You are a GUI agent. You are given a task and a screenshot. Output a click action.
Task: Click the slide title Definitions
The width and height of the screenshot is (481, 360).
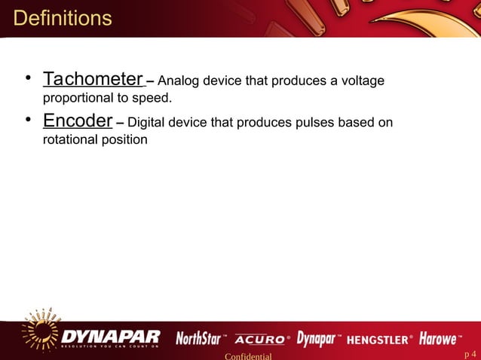[x=63, y=18]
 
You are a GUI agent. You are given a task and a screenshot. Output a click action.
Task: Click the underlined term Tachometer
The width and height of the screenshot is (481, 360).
[x=93, y=79]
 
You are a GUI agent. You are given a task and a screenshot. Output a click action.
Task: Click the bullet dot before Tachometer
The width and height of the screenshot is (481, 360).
[x=26, y=78]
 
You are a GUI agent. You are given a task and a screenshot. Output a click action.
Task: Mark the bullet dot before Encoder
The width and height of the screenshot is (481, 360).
[x=26, y=121]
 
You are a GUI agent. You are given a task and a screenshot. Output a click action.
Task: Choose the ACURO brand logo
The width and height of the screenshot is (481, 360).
[x=261, y=339]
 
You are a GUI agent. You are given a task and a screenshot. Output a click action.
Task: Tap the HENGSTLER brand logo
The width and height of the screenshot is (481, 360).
[x=379, y=339]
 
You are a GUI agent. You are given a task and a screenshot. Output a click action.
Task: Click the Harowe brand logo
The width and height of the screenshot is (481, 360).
[x=440, y=338]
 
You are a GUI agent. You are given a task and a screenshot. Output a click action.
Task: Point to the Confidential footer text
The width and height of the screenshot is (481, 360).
[x=248, y=355]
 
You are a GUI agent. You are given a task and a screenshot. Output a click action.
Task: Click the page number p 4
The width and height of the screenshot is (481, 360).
[x=470, y=354]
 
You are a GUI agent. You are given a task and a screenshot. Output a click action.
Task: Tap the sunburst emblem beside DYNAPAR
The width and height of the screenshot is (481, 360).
[x=39, y=331]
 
